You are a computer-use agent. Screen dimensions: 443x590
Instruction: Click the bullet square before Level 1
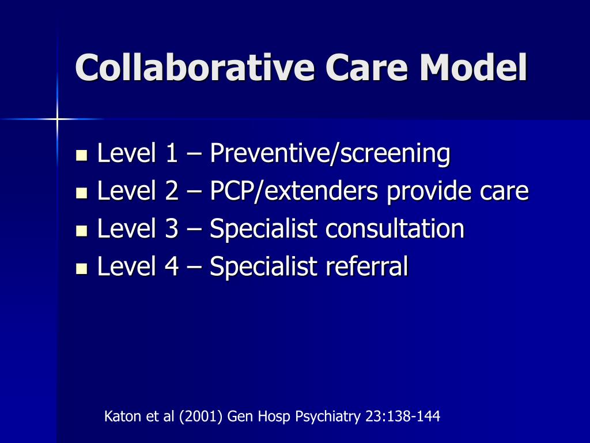click(x=81, y=155)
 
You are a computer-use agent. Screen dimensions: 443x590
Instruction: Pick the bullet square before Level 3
click(x=81, y=231)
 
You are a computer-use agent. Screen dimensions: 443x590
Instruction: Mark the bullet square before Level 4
click(x=81, y=268)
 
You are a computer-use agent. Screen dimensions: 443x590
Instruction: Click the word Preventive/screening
click(x=329, y=154)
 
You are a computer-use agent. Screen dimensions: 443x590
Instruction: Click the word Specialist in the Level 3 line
click(x=263, y=230)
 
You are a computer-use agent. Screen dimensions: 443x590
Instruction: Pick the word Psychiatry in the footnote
click(x=328, y=416)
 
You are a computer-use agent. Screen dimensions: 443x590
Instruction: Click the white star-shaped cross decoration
click(x=57, y=119)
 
